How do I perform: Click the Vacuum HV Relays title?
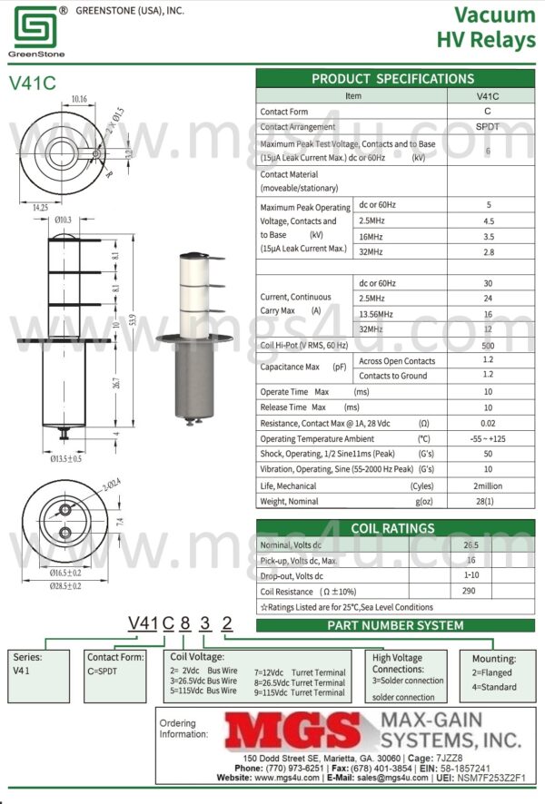point(487,27)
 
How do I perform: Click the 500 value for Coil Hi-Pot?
point(488,345)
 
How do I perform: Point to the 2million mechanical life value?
point(488,485)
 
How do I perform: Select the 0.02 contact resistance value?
point(488,423)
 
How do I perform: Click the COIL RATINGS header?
point(392,528)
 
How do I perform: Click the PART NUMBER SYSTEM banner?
point(395,625)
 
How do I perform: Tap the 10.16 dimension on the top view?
point(78,99)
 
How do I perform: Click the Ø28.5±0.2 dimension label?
point(63,586)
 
